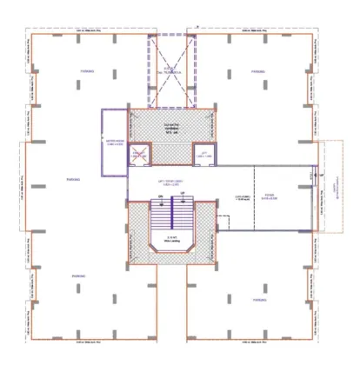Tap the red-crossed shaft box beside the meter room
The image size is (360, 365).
138,155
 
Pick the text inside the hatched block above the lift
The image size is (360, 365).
170,128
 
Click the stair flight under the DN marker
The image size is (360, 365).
161,222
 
